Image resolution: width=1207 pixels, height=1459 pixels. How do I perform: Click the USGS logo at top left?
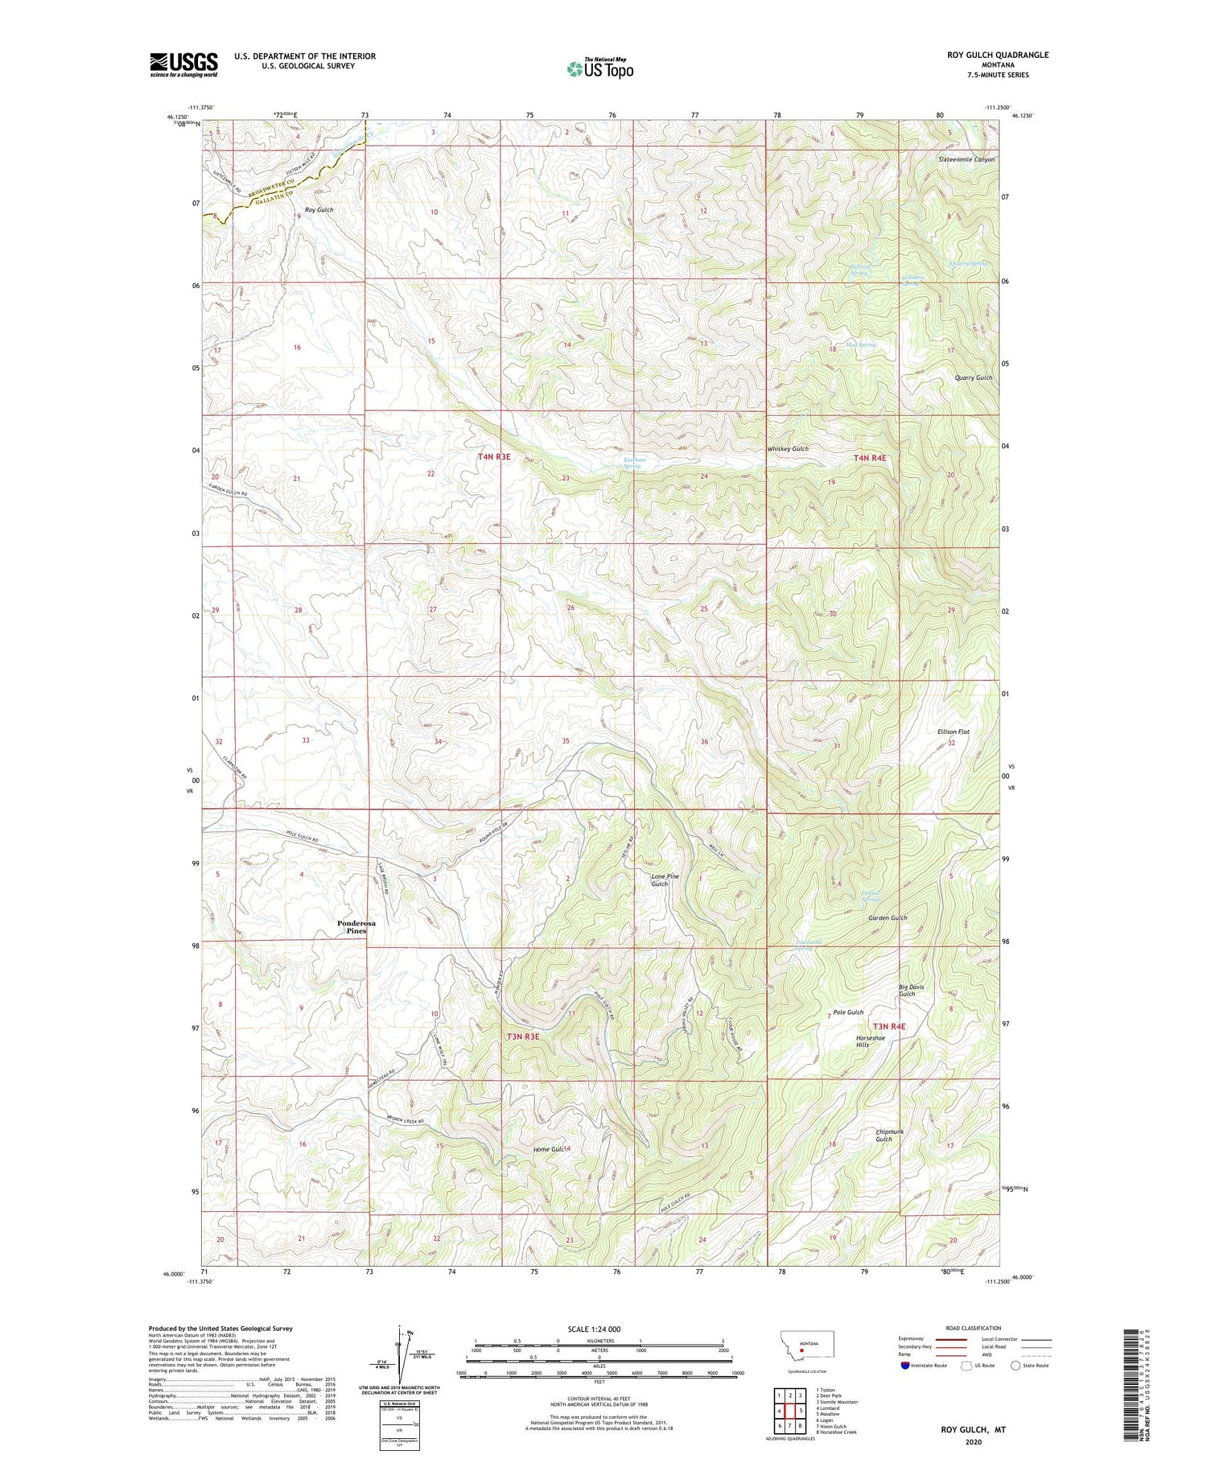[x=183, y=64]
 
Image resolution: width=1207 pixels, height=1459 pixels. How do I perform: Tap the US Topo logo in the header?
[x=599, y=69]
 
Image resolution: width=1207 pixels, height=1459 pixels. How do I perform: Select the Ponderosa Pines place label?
[x=356, y=927]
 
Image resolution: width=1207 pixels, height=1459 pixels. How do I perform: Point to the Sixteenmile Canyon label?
[x=966, y=159]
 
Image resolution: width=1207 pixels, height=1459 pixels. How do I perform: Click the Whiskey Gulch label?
[x=788, y=449]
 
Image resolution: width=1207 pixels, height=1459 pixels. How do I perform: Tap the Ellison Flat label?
[x=954, y=732]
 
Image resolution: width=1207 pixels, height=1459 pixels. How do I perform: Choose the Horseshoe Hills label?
[x=870, y=1041]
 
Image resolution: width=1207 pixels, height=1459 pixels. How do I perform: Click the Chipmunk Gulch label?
[x=889, y=1135]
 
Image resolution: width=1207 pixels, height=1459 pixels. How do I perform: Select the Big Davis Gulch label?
[x=911, y=990]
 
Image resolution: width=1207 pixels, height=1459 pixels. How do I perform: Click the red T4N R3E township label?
[x=494, y=457]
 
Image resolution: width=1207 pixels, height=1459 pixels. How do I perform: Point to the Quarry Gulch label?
[x=974, y=377]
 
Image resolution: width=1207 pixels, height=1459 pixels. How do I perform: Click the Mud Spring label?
[x=860, y=344]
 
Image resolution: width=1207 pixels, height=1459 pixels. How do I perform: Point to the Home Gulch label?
[x=552, y=1149]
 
